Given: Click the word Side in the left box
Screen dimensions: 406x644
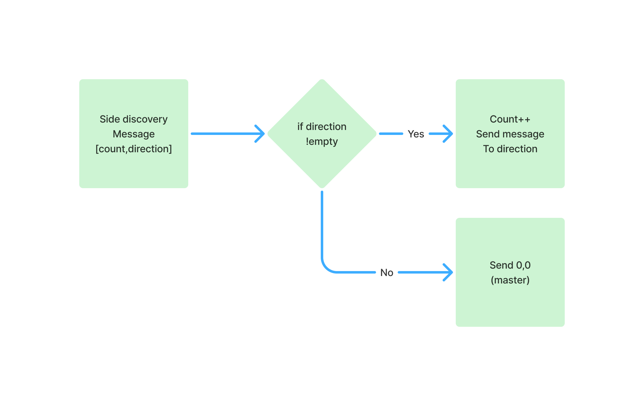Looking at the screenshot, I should (x=110, y=119).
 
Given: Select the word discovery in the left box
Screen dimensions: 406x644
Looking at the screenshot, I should (x=145, y=119).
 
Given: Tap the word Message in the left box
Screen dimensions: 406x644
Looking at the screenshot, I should (x=134, y=134).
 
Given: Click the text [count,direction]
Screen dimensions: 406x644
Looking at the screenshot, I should (x=134, y=149).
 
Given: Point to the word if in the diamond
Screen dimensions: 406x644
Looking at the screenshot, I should (x=300, y=127).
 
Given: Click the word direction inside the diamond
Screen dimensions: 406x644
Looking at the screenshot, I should (x=326, y=127).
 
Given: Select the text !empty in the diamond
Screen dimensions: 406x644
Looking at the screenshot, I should (x=322, y=141).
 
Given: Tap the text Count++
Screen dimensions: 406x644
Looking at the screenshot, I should (x=510, y=119).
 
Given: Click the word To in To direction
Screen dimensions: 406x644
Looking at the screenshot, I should (x=489, y=149).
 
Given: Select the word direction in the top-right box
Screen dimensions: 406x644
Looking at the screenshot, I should (x=517, y=149).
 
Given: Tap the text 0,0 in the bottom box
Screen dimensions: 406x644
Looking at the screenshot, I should (x=523, y=265).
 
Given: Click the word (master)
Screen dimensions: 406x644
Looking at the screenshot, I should (x=510, y=280).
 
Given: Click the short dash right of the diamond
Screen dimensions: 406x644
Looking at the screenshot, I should (x=391, y=134).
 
